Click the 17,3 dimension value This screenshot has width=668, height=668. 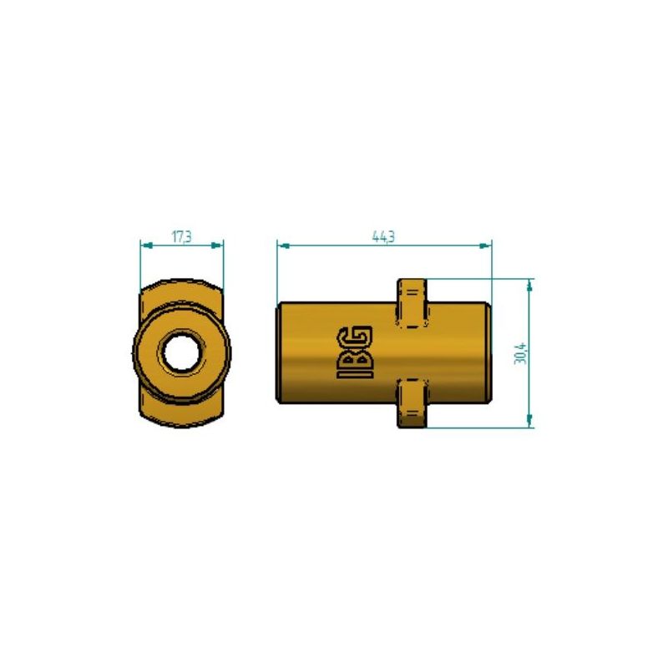[182, 237]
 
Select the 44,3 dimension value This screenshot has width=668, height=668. [383, 237]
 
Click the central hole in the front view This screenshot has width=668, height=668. [181, 353]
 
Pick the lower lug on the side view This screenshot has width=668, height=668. [411, 403]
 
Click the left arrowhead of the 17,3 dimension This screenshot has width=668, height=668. [144, 245]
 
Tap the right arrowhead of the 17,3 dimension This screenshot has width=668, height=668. [219, 245]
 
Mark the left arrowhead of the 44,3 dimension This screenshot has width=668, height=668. [282, 245]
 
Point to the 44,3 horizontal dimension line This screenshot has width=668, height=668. [334, 245]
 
